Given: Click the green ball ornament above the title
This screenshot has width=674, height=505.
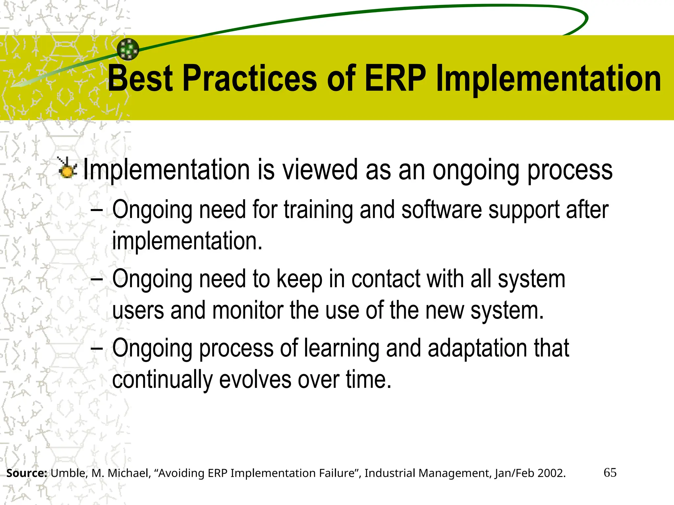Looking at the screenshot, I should pyautogui.click(x=128, y=49).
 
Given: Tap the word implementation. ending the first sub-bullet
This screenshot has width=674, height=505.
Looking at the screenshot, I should pyautogui.click(x=187, y=241).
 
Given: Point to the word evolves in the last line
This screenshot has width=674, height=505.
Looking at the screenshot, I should pyautogui.click(x=255, y=379).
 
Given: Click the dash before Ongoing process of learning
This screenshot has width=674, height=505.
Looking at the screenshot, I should pyautogui.click(x=97, y=348).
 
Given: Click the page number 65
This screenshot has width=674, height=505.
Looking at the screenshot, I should pyautogui.click(x=610, y=473).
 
